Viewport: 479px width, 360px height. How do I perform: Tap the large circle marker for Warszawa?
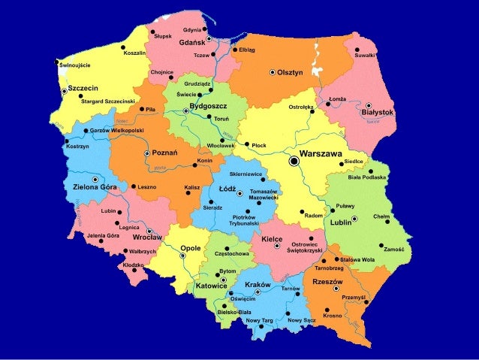(x=294, y=160)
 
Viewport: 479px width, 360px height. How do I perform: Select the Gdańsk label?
(x=193, y=44)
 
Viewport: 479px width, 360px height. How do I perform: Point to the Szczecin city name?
(x=84, y=87)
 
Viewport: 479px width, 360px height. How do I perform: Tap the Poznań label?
(x=164, y=153)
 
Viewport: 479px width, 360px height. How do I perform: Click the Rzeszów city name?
(x=327, y=282)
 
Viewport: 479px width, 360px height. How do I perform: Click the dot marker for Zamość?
(x=381, y=246)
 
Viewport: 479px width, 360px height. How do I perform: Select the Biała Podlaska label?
(x=366, y=177)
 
